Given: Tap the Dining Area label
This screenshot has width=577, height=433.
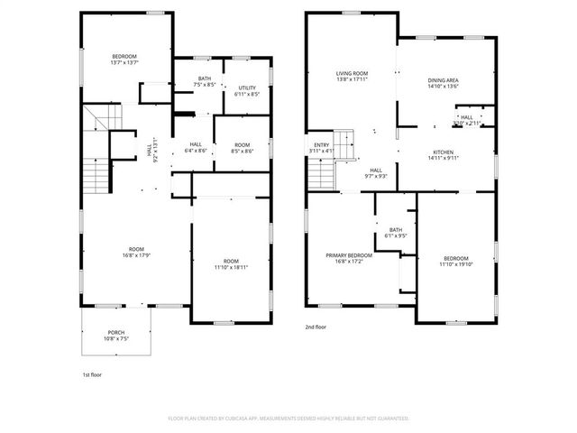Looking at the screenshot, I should pos(443,84).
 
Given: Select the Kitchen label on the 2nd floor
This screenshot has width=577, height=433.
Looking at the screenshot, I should pos(443,154).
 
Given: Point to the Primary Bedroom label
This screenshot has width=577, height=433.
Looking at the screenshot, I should pos(349,258).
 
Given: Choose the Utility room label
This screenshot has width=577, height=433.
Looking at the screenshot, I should pos(247,90).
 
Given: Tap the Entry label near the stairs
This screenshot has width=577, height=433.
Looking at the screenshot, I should pos(322,147).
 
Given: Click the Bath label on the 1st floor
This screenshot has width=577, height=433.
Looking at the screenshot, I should pos(205,81).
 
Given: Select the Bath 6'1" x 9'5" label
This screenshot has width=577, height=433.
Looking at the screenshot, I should pos(396,233).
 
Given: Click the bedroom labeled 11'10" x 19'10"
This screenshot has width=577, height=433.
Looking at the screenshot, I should pos(455,262).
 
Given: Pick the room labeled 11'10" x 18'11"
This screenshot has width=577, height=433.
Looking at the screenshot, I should pos(232,264).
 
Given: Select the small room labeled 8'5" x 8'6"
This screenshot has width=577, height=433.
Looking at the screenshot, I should pos(242,148).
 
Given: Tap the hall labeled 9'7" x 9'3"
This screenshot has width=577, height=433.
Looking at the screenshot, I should pos(376,171).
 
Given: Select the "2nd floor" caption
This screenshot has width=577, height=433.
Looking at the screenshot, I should pos(316,328).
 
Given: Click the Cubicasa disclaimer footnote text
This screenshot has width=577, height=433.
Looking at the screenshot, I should pos(288,419).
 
